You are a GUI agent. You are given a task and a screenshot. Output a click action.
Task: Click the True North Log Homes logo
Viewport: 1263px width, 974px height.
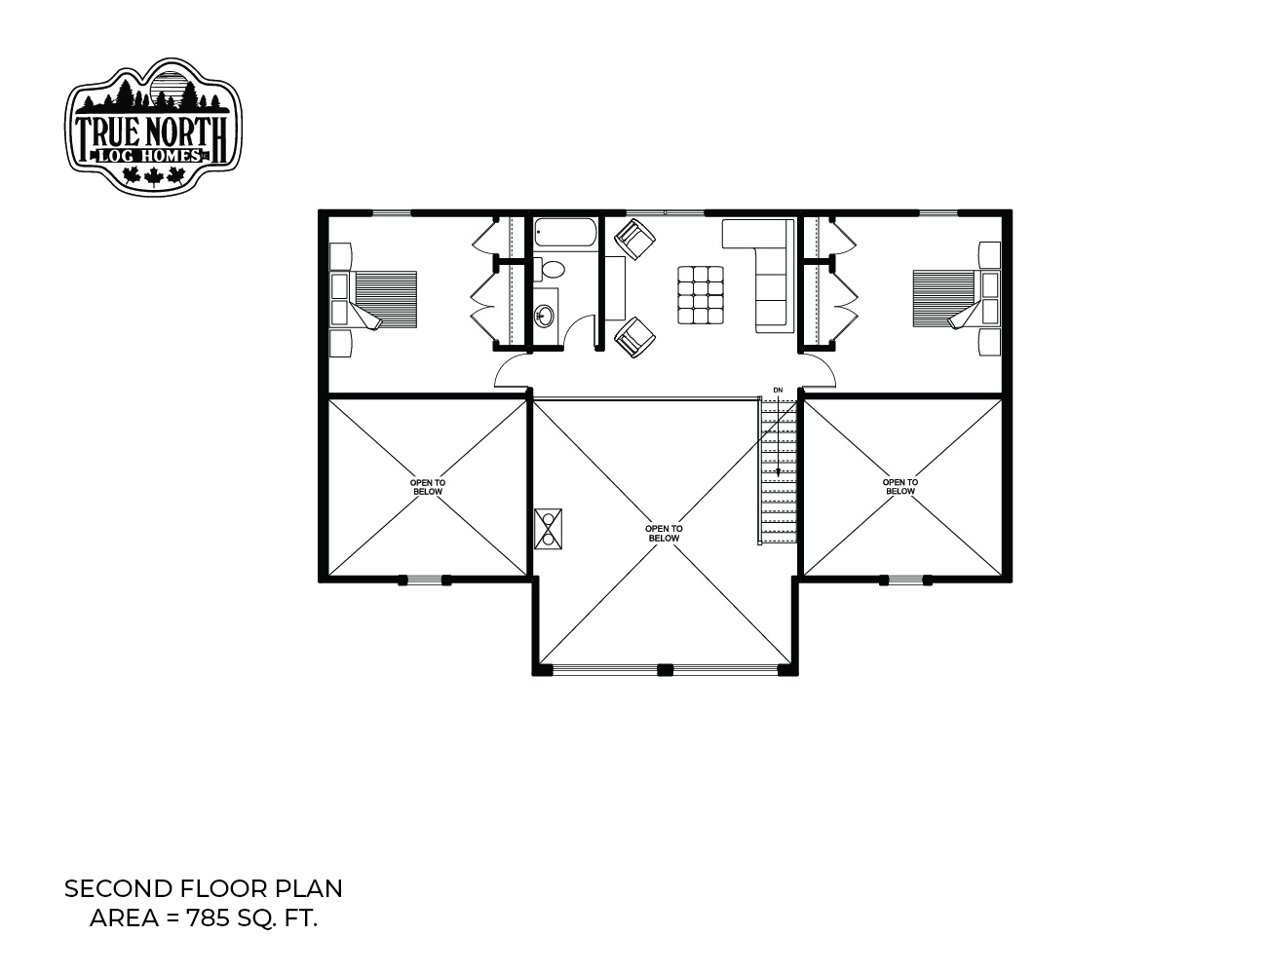153,126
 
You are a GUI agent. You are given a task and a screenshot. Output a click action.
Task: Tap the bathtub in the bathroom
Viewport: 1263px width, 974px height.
565,235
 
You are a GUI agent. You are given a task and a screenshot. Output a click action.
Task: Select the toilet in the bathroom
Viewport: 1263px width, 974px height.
550,270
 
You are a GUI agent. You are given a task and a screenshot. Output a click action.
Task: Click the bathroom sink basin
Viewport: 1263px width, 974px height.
545,316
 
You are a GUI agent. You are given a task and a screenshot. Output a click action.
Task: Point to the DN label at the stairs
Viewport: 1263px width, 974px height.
778,390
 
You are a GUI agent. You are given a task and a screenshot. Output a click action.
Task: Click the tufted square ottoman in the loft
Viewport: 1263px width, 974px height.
701,294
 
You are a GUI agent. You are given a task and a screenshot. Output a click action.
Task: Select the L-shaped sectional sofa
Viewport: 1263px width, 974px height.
758,276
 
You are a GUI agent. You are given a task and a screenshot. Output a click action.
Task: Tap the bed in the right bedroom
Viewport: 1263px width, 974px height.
957,298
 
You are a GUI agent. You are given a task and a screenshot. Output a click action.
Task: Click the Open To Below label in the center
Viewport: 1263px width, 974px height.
664,533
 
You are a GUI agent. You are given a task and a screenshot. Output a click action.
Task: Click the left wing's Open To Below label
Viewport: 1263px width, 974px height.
428,487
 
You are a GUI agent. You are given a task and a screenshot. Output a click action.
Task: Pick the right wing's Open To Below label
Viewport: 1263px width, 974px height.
900,486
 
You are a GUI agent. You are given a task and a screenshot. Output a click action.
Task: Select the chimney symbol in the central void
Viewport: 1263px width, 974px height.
548,529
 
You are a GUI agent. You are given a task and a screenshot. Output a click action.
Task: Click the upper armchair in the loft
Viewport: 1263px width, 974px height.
634,239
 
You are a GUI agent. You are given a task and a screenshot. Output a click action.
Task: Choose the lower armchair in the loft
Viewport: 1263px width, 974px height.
634,337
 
